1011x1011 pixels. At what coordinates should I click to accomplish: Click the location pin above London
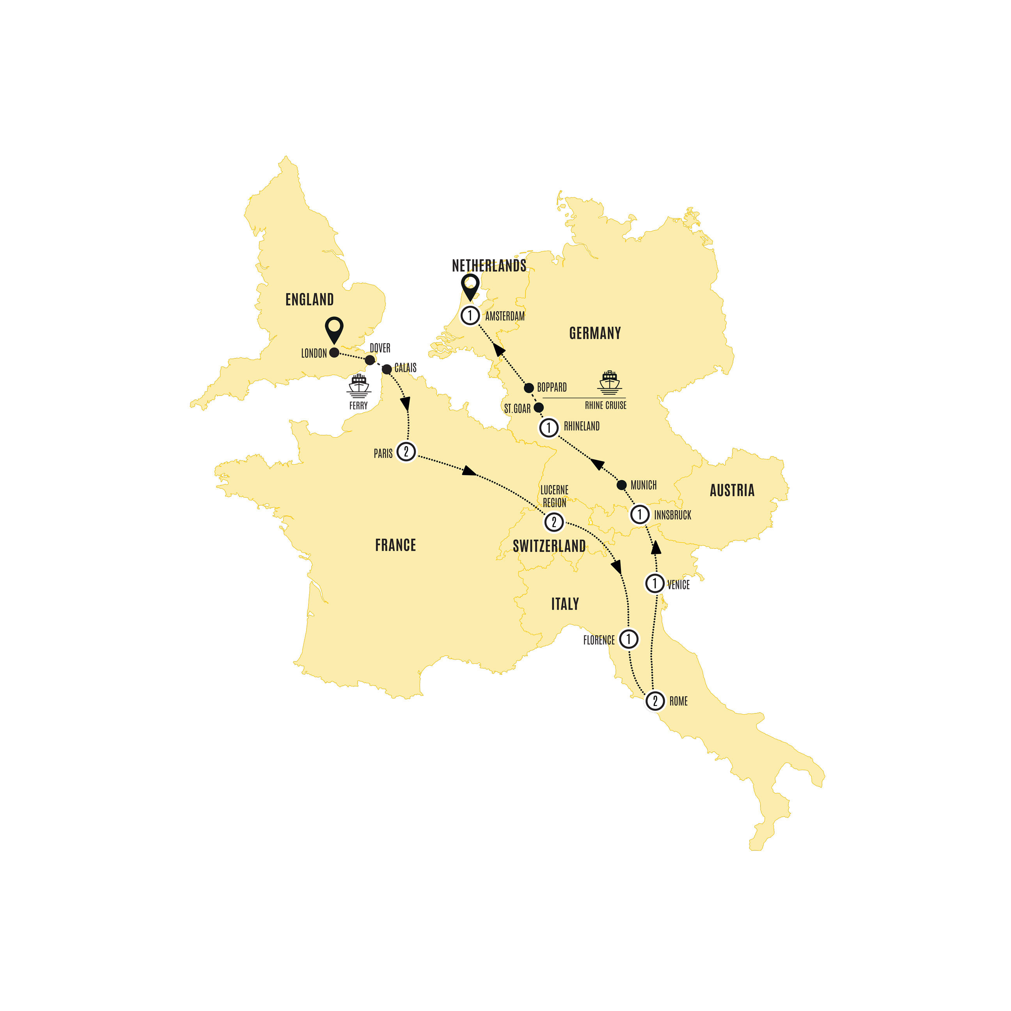[334, 329]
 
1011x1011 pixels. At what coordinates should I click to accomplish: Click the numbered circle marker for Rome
[654, 701]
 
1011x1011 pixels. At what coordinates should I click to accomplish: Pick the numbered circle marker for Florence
[628, 639]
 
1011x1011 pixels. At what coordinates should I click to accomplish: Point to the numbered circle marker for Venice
[654, 583]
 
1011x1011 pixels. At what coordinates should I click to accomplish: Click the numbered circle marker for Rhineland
[548, 427]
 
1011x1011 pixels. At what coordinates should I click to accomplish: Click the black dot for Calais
[387, 369]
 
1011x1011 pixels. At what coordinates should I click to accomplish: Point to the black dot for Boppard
[529, 388]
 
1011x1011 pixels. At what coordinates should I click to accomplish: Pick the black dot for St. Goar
[539, 407]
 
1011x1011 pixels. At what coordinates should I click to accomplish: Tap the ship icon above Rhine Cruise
[610, 382]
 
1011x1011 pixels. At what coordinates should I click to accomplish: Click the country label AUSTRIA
[732, 490]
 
